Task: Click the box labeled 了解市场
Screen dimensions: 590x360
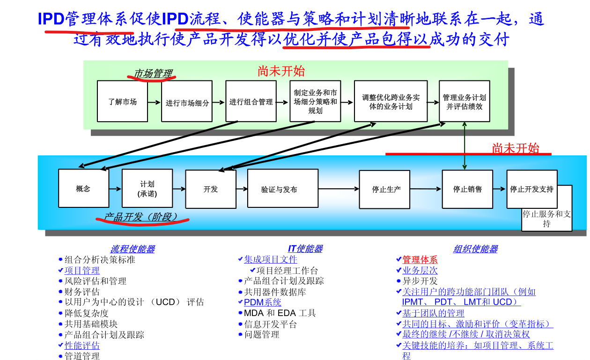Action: point(122,101)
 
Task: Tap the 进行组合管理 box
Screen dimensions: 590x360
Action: point(251,101)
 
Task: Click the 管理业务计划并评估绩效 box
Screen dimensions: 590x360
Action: point(464,101)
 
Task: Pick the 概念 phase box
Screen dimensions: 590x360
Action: point(83,189)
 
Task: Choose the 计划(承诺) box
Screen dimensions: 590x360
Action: point(147,189)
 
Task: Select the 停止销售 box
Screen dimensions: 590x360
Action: point(467,189)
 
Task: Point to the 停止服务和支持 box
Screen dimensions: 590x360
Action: point(546,219)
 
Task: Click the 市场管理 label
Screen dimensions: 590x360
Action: point(153,73)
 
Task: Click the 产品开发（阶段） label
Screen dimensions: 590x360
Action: point(140,218)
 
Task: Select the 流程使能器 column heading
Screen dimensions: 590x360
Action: point(133,249)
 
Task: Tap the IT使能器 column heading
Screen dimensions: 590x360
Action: point(305,249)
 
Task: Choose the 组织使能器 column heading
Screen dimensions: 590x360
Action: point(475,249)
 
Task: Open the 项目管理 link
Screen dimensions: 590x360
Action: point(82,271)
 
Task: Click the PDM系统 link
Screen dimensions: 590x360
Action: point(263,302)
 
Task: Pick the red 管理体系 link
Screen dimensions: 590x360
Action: point(420,260)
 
